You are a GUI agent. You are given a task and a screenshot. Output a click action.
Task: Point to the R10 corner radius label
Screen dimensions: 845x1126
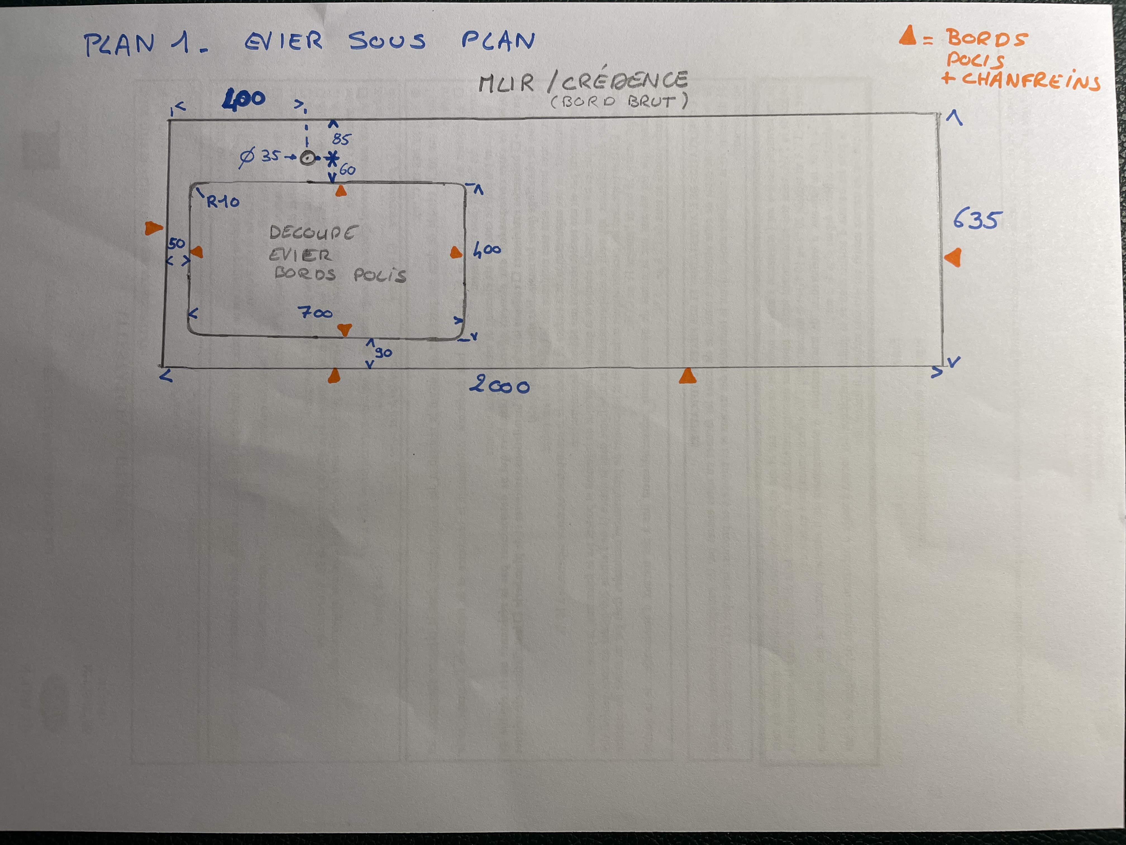223,202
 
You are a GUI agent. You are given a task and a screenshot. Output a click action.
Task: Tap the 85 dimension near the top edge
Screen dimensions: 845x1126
341,139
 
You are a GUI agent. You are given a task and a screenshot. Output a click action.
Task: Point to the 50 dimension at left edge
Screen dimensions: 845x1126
177,243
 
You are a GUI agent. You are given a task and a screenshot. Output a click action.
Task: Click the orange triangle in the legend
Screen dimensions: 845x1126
908,36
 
